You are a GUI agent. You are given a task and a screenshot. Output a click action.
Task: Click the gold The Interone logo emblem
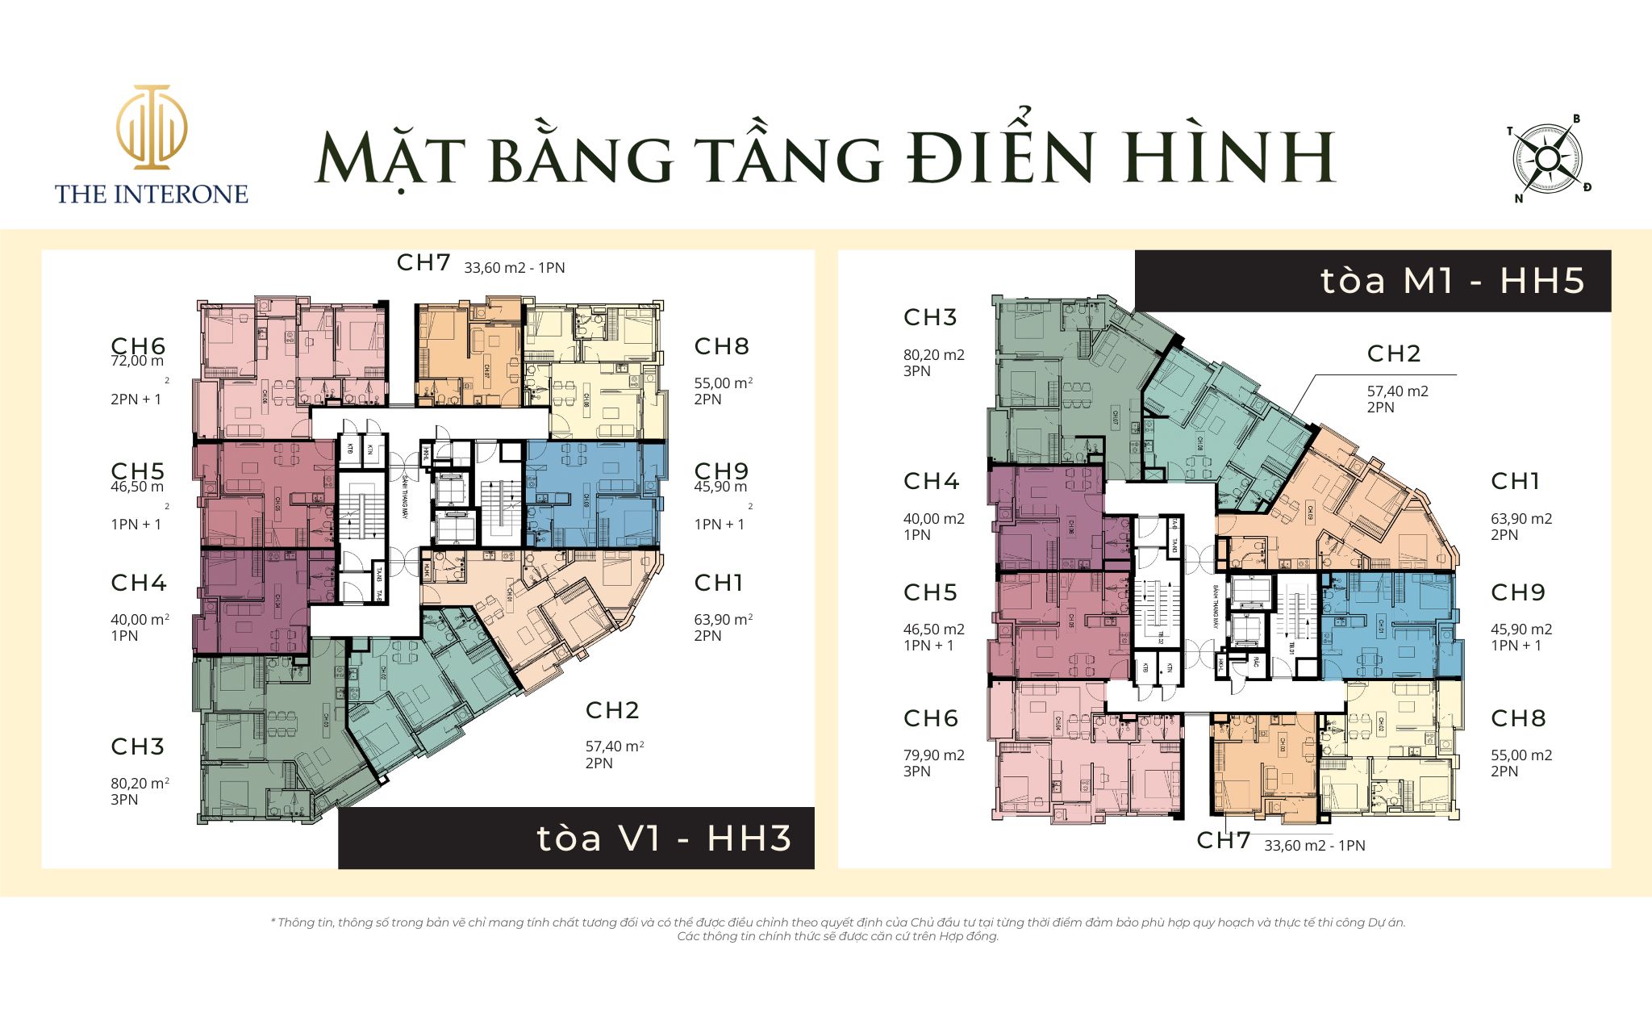[152, 127]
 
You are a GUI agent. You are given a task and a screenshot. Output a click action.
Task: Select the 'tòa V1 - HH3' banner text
[664, 839]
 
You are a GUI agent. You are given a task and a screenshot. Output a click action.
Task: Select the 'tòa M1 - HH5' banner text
[1452, 281]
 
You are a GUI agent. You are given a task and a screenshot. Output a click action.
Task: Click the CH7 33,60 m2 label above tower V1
[481, 264]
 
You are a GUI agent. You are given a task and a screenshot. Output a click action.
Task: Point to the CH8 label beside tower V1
[722, 346]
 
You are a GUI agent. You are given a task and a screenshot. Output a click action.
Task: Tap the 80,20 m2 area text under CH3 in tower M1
[933, 355]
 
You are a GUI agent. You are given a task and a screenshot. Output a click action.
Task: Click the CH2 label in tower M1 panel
[1393, 353]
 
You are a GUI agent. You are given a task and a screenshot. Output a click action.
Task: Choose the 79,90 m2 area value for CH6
[933, 755]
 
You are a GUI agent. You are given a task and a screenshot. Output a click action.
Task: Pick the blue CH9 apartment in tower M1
[1387, 625]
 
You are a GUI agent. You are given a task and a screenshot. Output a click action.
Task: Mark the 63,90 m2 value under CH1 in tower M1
[1521, 519]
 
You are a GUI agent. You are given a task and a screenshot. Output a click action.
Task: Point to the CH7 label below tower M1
[1223, 841]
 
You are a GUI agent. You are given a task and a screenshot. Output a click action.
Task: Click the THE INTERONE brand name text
[152, 194]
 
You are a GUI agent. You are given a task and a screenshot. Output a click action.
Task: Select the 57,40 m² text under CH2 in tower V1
[614, 747]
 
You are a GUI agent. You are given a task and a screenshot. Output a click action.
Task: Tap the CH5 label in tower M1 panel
[930, 592]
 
